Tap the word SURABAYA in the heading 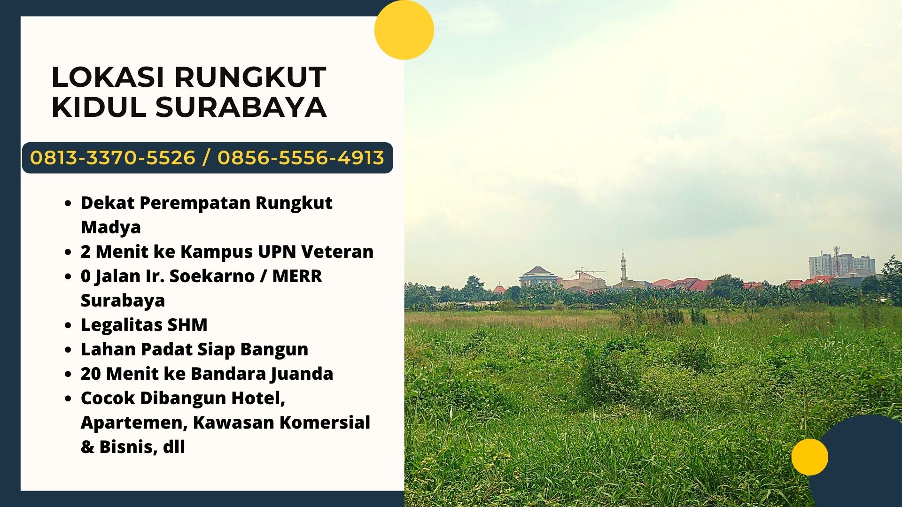click(241, 107)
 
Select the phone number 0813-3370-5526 click(113, 158)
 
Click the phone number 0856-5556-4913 click(301, 158)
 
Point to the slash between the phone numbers click(206, 158)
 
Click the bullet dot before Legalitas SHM click(69, 326)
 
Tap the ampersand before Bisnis click(87, 447)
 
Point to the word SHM click(187, 325)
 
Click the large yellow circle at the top click(404, 30)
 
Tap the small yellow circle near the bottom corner click(809, 457)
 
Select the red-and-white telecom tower click(836, 261)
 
